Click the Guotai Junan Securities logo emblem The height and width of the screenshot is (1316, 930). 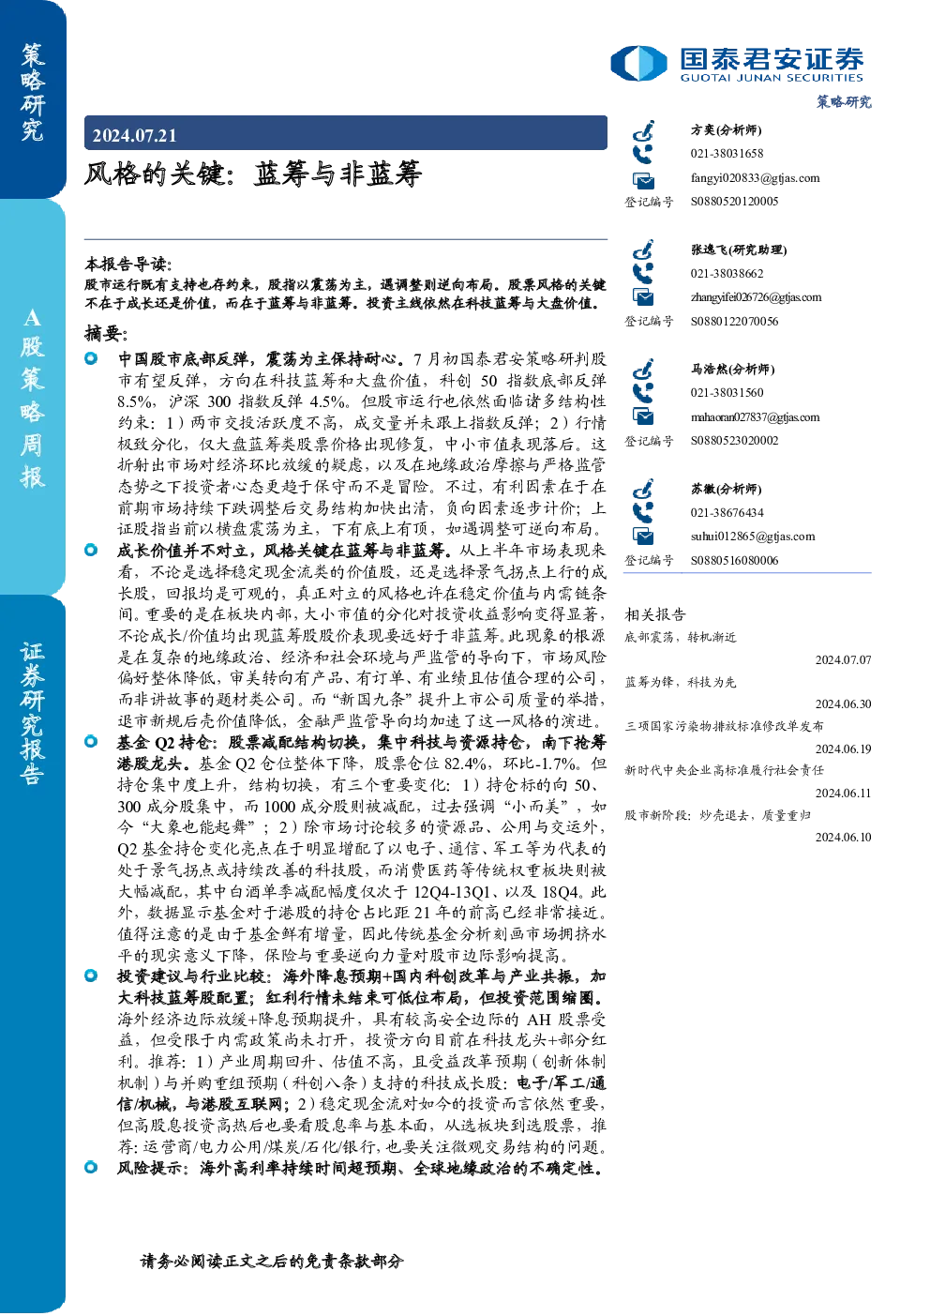[x=638, y=63]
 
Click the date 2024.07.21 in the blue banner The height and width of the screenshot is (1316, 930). [x=134, y=136]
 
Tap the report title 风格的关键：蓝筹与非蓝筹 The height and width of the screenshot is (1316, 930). [x=253, y=174]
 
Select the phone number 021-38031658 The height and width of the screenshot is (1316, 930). [x=727, y=153]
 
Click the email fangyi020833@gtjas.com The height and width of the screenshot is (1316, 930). [x=755, y=178]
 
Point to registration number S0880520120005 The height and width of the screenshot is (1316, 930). [x=734, y=202]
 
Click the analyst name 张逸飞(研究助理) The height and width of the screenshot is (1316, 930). [x=739, y=250]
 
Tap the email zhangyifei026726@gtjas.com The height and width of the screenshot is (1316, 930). [x=757, y=297]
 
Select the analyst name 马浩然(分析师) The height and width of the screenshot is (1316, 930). [x=733, y=369]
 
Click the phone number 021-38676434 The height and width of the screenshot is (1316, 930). [x=727, y=512]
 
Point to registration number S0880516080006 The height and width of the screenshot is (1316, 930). [x=734, y=561]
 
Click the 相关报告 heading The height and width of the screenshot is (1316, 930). [x=655, y=614]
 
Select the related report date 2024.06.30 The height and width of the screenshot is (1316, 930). [x=843, y=703]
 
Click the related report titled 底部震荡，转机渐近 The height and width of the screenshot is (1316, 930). [x=681, y=637]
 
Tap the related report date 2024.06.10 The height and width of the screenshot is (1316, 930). [x=843, y=838]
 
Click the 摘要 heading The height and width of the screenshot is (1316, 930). [x=106, y=334]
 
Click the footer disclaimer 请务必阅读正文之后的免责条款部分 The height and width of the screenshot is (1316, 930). [x=272, y=1262]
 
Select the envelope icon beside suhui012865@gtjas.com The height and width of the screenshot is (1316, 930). [x=643, y=536]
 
